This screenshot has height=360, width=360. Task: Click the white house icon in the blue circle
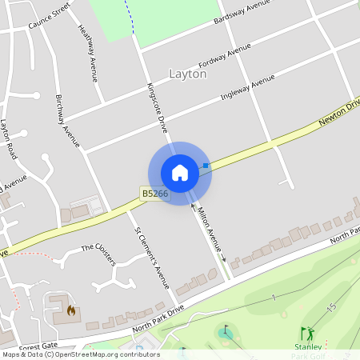(180, 173)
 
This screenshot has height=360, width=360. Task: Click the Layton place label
(188, 74)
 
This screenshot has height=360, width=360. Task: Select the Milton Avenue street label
(208, 230)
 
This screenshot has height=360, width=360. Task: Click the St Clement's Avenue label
(151, 258)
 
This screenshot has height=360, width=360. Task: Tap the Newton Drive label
(340, 112)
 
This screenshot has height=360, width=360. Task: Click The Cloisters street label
(99, 249)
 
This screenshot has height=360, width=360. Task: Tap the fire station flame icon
(70, 309)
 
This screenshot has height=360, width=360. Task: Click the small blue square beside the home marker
(206, 166)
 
